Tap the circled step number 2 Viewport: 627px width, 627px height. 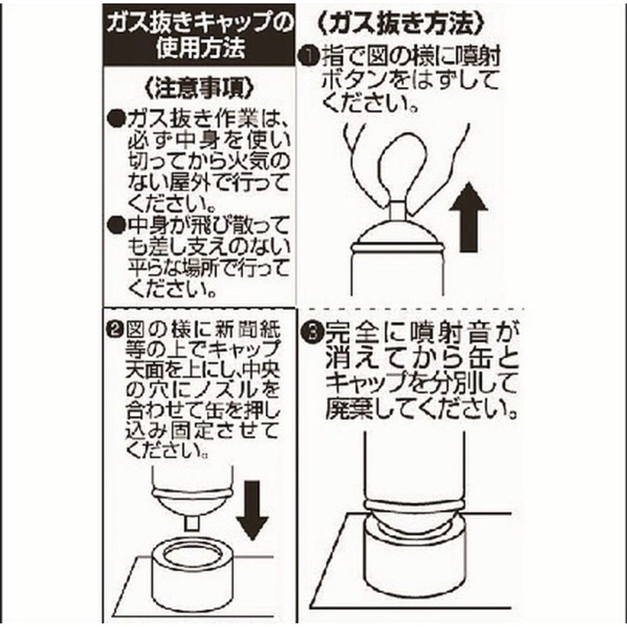tap(115, 331)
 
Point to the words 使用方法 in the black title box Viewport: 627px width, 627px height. tap(200, 48)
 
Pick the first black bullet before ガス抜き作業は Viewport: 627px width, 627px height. tap(115, 119)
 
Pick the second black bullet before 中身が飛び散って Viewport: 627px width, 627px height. tap(115, 225)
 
